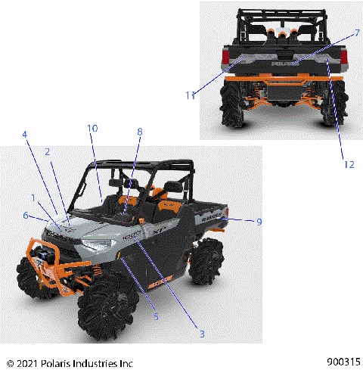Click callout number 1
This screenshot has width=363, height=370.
[x=33, y=198]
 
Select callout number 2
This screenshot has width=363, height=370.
[x=47, y=151]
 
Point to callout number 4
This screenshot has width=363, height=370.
[x=25, y=135]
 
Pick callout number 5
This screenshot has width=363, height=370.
[x=157, y=316]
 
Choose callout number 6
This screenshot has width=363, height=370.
[x=26, y=216]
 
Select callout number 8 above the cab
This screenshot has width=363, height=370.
[x=139, y=132]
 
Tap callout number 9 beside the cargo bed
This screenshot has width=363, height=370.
[x=259, y=222]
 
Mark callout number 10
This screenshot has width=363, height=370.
[x=92, y=129]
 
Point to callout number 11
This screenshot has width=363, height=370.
[x=191, y=95]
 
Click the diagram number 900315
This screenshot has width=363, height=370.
[x=344, y=362]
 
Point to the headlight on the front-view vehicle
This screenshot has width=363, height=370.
[x=96, y=246]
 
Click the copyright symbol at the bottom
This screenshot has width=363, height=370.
[x=9, y=362]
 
